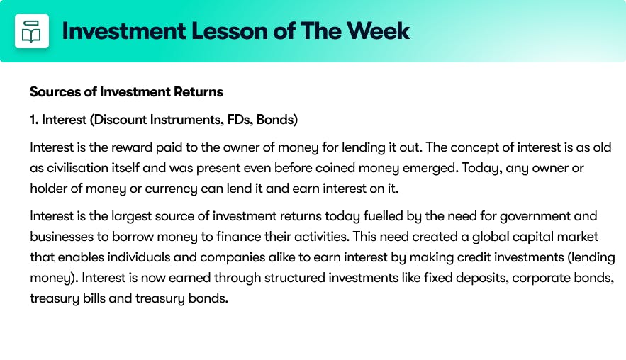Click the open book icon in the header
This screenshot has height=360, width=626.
click(x=31, y=31)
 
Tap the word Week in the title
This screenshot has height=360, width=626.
click(x=378, y=30)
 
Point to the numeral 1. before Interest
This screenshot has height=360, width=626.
click(x=34, y=119)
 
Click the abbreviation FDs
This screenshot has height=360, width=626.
click(x=240, y=119)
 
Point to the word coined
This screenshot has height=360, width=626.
click(x=335, y=168)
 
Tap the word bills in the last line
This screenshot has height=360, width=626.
click(x=94, y=298)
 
